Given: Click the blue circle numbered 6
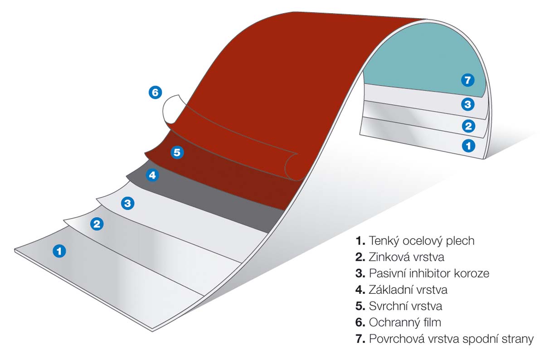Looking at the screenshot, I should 155,92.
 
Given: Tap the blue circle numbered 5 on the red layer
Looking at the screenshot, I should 177,152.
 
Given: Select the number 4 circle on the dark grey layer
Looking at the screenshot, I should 152,175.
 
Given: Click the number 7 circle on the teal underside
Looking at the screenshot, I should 468,81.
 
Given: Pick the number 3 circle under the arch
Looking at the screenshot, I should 468,105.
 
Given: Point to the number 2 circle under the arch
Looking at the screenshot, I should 468,126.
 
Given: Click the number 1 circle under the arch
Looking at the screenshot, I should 468,146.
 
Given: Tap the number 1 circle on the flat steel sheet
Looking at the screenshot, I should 59,250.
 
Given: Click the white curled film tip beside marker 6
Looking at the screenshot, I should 170,109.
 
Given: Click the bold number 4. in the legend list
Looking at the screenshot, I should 360,290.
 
